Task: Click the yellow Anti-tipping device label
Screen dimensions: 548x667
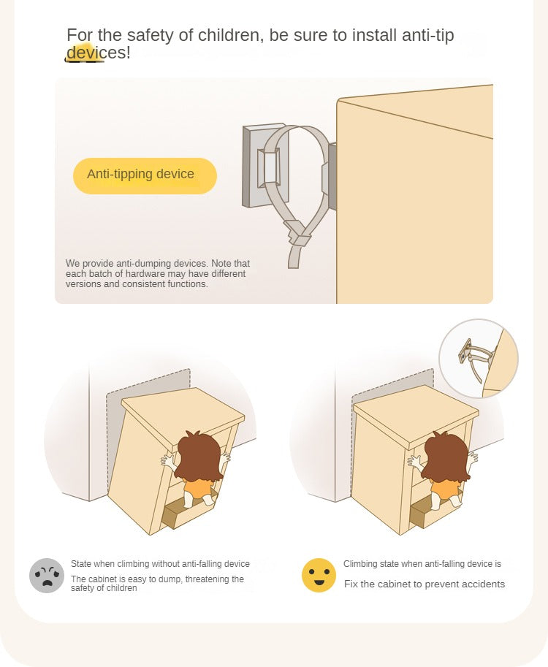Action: coord(145,175)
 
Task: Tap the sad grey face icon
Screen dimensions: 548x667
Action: coord(47,575)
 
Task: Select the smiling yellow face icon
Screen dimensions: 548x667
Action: coord(319,575)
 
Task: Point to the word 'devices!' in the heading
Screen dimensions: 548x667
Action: coord(99,53)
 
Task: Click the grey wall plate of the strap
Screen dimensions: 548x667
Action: coord(259,166)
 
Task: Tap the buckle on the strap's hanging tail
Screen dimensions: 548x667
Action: coord(297,232)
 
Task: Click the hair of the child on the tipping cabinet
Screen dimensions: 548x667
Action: coord(200,456)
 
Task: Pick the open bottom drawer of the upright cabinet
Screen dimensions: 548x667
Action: coord(430,513)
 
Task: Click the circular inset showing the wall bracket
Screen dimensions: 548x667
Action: coord(479,358)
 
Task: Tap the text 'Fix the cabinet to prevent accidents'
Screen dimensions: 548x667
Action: coord(425,584)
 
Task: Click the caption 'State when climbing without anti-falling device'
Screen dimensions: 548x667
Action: coord(160,564)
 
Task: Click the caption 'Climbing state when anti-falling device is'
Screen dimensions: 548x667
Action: coord(422,564)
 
